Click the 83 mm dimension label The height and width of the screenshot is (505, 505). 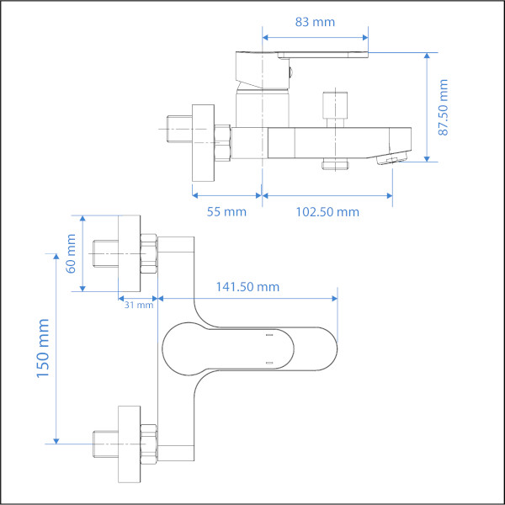click(x=316, y=22)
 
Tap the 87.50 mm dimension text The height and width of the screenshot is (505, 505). click(x=444, y=107)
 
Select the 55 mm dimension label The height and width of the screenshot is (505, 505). click(x=227, y=211)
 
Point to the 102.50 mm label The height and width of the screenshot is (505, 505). click(x=327, y=211)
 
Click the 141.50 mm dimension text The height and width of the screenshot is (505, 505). click(x=247, y=287)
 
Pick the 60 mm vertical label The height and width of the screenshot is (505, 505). click(x=71, y=252)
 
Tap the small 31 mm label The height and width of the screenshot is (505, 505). click(x=137, y=305)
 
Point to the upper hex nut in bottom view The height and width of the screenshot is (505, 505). click(x=148, y=252)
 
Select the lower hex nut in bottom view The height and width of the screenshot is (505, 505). click(x=148, y=442)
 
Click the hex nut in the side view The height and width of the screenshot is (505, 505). click(x=223, y=143)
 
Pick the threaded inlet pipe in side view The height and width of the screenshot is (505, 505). click(x=178, y=129)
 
